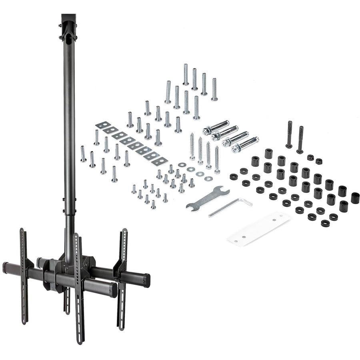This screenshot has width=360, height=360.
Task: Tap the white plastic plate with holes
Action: [x=259, y=229]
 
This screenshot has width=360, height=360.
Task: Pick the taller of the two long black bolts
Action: [x=289, y=134]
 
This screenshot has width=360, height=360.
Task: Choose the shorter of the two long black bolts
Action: [x=300, y=140]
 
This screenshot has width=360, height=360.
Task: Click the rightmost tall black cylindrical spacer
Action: [x=355, y=198]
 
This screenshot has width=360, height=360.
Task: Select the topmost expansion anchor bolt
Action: [x=216, y=127]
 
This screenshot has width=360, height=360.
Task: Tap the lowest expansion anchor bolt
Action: [x=245, y=144]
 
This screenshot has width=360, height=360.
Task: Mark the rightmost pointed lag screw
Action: [x=217, y=159]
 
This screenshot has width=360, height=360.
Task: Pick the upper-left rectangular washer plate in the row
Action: [x=103, y=126]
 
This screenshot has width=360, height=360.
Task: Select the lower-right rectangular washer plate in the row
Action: [x=159, y=161]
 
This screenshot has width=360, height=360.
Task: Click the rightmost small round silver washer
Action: [x=208, y=178]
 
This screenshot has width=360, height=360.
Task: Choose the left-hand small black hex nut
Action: [x=310, y=157]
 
